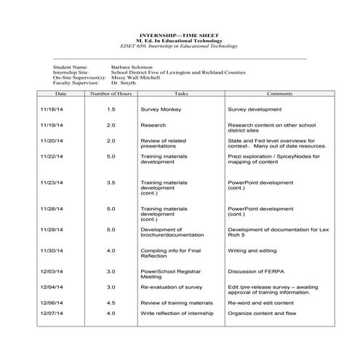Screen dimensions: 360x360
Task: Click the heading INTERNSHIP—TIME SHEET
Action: [x=180, y=35]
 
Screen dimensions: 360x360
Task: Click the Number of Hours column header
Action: [x=111, y=94]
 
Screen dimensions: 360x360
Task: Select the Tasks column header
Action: [x=181, y=94]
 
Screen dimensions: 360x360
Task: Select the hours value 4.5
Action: [x=111, y=302]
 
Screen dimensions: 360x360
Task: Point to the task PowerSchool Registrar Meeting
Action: [x=169, y=273]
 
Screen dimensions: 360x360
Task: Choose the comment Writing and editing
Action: [x=254, y=250]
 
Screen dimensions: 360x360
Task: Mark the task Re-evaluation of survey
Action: [x=172, y=287]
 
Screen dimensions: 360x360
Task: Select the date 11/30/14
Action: [x=52, y=250]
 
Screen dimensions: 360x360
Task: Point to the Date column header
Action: [x=61, y=94]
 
